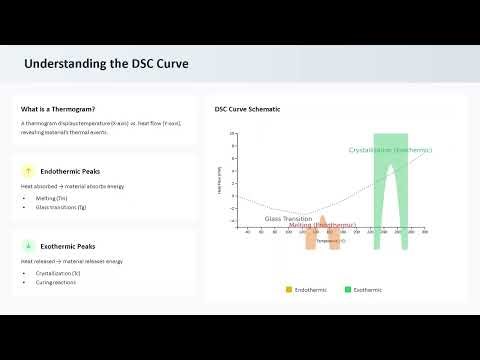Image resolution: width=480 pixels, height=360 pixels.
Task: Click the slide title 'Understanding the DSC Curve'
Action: point(106,64)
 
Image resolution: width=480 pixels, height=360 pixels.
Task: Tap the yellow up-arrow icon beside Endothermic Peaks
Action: point(29,171)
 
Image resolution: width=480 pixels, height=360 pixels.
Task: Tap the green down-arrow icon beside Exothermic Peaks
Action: point(29,246)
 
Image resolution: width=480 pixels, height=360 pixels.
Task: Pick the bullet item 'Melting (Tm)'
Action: point(52,198)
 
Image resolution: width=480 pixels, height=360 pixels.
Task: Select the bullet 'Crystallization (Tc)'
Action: point(59,272)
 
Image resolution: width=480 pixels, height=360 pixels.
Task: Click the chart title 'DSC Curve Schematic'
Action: point(247,108)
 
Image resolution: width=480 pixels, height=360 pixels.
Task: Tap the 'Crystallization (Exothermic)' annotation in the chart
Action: point(390,149)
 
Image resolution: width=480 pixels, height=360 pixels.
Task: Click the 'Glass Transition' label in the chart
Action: point(287,218)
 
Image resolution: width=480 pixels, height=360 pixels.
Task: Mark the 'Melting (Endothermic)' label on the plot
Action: point(322,225)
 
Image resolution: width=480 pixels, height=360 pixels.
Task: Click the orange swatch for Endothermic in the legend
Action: point(289,289)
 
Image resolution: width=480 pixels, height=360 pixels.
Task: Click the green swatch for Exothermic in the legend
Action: point(347,289)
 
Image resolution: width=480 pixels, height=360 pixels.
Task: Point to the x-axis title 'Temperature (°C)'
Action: point(331,241)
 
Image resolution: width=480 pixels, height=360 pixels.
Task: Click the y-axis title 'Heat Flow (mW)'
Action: point(219,181)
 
